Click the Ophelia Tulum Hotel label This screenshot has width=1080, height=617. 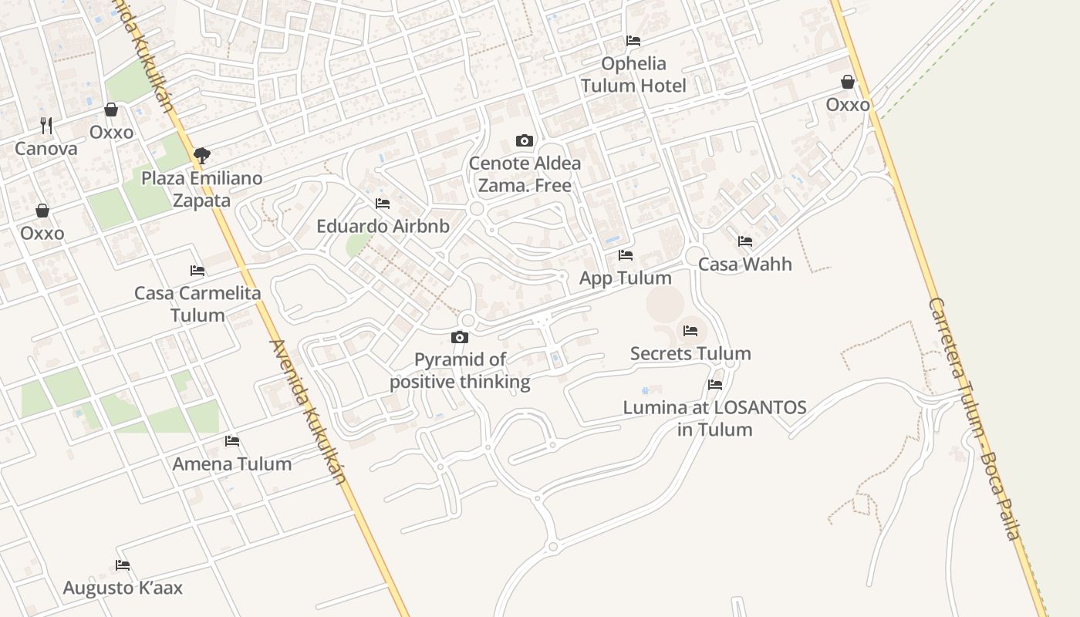(633, 74)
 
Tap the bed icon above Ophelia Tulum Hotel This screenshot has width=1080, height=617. (633, 41)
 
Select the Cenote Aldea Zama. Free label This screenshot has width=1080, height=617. (525, 174)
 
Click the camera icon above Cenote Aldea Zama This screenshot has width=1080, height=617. (525, 140)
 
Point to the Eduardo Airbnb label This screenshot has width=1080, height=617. (383, 226)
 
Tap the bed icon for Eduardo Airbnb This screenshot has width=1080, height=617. (383, 204)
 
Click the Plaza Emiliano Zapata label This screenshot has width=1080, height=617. (201, 189)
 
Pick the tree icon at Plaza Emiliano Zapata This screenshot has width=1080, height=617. (202, 156)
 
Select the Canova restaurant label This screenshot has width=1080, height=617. (46, 149)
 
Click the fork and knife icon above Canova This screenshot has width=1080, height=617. (46, 125)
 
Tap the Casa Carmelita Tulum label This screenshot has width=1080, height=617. (197, 304)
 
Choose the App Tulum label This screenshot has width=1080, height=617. (626, 278)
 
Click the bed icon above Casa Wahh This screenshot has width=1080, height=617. (745, 241)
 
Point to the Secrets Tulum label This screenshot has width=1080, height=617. (690, 353)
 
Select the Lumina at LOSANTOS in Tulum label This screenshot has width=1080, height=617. (714, 418)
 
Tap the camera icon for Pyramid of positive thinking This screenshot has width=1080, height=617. (460, 337)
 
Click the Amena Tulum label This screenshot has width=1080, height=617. (232, 464)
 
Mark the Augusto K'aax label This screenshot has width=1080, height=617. (123, 588)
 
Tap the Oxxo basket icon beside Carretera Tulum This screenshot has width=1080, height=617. (848, 82)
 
